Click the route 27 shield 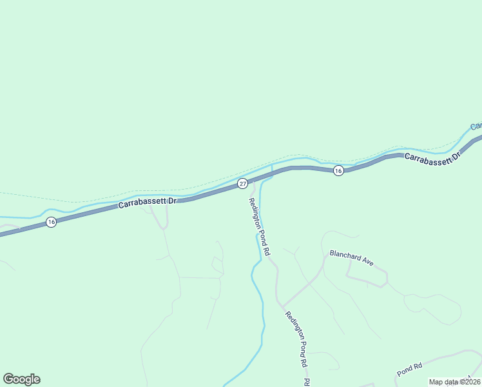click(242, 183)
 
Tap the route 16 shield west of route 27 click(51, 222)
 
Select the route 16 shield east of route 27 click(338, 170)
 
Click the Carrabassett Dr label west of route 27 click(147, 203)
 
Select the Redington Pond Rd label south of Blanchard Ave click(298, 340)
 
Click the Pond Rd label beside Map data click(409, 369)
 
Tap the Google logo click(21, 379)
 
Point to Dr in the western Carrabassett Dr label click(171, 201)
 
